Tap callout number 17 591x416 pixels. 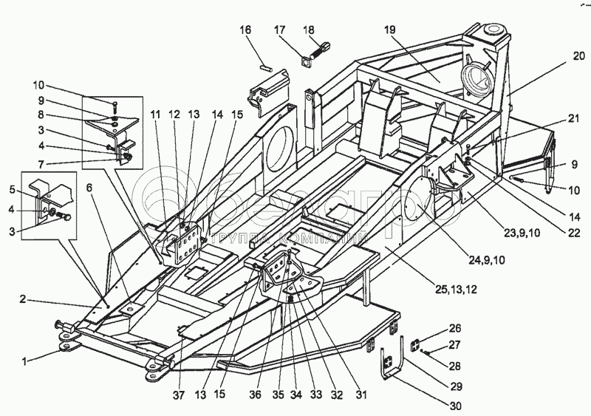tap(279, 30)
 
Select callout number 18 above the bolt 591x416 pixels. tap(309, 30)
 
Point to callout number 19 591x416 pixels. tap(390, 30)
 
